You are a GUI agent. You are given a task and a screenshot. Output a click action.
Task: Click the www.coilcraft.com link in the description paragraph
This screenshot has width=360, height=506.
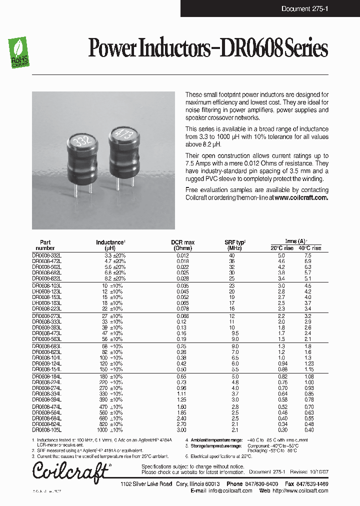coord(301,197)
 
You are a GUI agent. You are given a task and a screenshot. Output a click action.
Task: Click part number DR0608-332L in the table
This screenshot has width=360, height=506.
coord(47,255)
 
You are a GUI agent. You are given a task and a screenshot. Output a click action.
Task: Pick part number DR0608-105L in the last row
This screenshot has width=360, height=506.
coord(47,430)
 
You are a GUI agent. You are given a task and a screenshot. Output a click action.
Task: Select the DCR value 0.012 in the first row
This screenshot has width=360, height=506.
coord(182,255)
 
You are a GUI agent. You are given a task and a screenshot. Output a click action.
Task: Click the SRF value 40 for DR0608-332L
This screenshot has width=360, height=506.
coord(231,255)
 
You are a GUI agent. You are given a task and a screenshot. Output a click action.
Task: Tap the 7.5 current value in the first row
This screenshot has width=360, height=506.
coord(308,255)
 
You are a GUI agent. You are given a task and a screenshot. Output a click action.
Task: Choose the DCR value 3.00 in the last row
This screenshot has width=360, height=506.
coord(182,430)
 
